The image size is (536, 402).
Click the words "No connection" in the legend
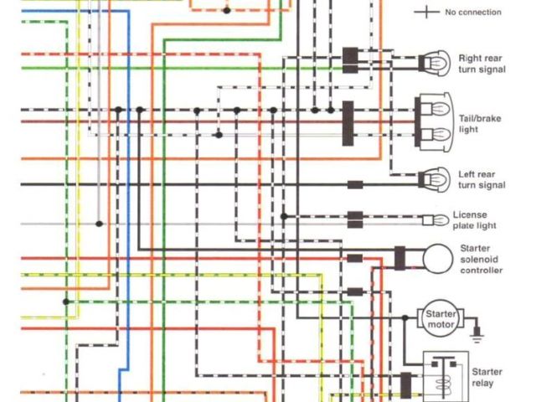coord(473,13)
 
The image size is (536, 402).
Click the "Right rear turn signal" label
coord(482,64)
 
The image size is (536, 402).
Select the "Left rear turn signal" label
coord(482,179)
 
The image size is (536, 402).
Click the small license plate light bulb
coord(435,220)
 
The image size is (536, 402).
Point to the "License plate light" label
coord(475,220)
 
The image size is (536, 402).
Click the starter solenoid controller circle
coord(436,259)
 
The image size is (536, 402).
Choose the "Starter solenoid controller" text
coord(482,259)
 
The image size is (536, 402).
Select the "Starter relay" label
coord(487,377)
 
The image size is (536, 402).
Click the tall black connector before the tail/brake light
coord(348,123)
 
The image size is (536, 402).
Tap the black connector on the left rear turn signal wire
coord(355,184)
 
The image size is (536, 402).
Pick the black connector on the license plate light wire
coord(355,219)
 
